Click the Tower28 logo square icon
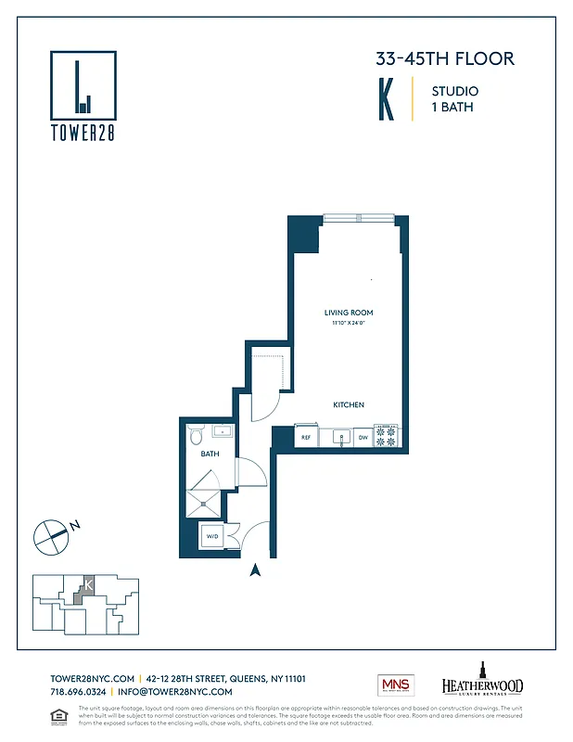pos(83,83)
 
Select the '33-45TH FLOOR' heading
pos(444,59)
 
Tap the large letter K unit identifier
pos(386,101)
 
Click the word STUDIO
pos(454,91)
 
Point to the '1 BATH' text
pos(449,108)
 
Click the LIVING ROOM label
pos(349,313)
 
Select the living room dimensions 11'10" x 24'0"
pos(349,323)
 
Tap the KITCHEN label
pos(349,405)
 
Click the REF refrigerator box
pos(305,436)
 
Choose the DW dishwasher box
pos(363,436)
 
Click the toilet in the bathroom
pos(196,435)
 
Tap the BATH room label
pos(210,455)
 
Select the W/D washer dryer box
pos(212,537)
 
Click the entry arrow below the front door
pos(256,570)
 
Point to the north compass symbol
pos(50,535)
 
